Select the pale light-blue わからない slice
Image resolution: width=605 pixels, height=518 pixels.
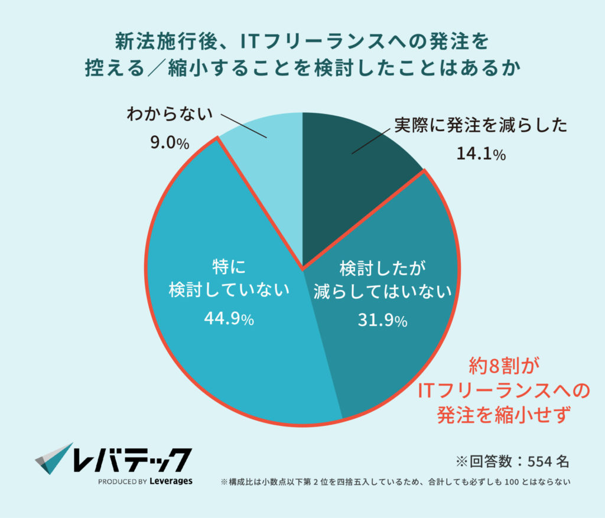pos(266,148)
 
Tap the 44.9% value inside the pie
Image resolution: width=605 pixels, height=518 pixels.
pos(229,319)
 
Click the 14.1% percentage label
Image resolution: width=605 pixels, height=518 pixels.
pos(480,154)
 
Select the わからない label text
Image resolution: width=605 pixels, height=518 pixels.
pos(169,115)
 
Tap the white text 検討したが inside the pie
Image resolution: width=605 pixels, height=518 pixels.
pos(382,268)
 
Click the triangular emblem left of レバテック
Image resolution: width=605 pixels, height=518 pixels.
pos(54,458)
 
